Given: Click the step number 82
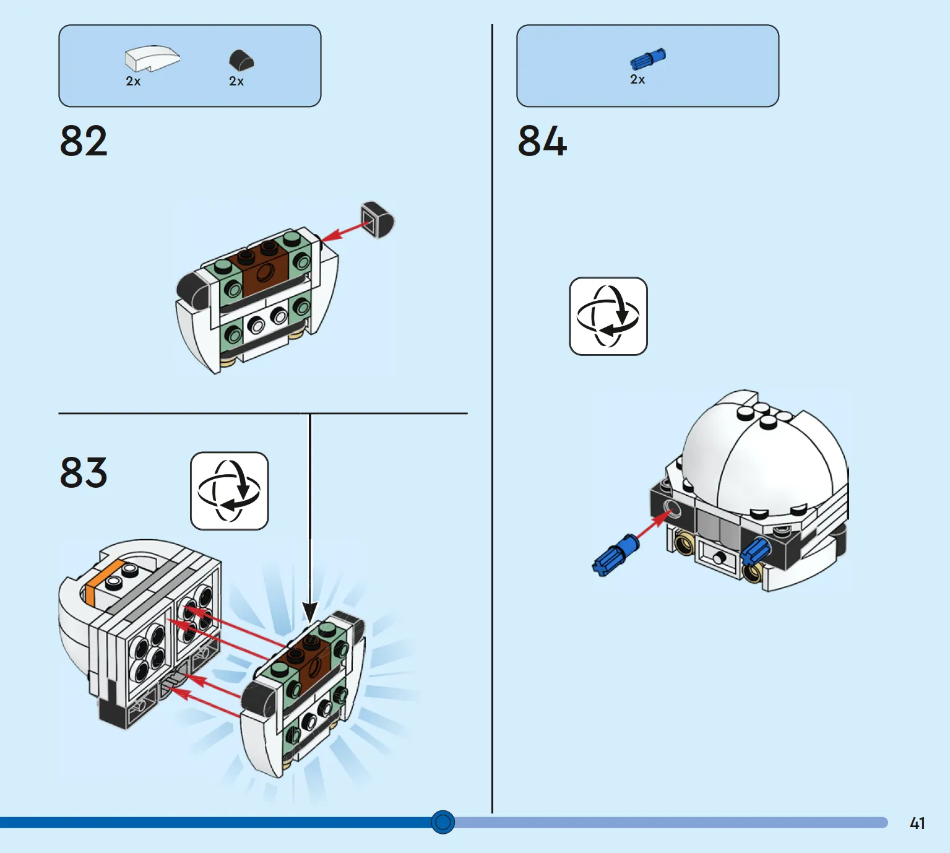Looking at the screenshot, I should pyautogui.click(x=84, y=141).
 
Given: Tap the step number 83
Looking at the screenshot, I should pyautogui.click(x=84, y=473).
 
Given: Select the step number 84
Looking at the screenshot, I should pyautogui.click(x=542, y=141).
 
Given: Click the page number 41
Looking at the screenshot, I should pyautogui.click(x=917, y=823).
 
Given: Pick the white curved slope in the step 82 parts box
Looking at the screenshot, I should pyautogui.click(x=152, y=58).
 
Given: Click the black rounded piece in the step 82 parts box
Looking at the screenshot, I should pyautogui.click(x=241, y=60).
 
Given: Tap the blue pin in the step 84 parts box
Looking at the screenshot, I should pyautogui.click(x=647, y=59).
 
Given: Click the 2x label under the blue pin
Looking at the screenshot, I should pyautogui.click(x=637, y=80).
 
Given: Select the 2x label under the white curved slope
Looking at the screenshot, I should pyautogui.click(x=133, y=82).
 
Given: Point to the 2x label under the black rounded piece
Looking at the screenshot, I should pyautogui.click(x=236, y=82).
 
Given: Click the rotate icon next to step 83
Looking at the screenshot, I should pyautogui.click(x=230, y=491).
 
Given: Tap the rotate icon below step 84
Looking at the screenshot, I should pyautogui.click(x=608, y=316).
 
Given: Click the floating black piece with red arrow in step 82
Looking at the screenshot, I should pyautogui.click(x=377, y=220).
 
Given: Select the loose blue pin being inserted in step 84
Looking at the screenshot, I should pyautogui.click(x=615, y=555).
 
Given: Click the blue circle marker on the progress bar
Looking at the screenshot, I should pyautogui.click(x=443, y=822).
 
